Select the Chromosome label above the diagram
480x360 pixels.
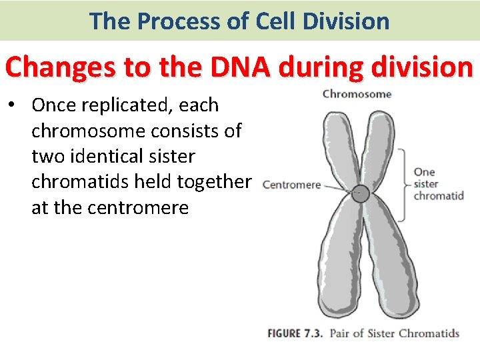(357, 94)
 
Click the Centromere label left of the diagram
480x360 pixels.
(291, 185)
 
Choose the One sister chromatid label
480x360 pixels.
(438, 184)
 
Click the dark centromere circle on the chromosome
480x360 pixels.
(360, 193)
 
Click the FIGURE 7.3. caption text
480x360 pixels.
(295, 333)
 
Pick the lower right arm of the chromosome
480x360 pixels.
(387, 260)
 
